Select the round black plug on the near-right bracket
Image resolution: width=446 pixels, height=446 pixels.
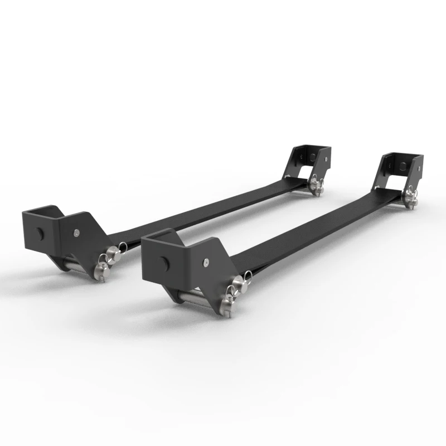click(162, 261)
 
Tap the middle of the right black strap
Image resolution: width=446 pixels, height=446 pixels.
click(318, 229)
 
